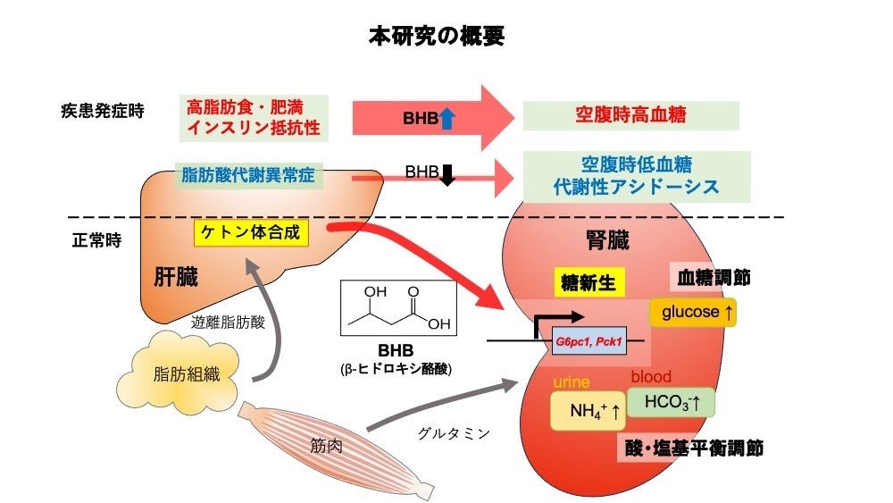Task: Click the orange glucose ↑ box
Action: click(x=698, y=312)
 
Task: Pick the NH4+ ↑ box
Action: click(x=586, y=413)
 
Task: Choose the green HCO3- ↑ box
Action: click(x=671, y=403)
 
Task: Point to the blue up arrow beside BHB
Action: click(x=446, y=117)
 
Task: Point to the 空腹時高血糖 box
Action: click(x=630, y=115)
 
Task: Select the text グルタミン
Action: click(x=454, y=433)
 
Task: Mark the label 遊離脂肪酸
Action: click(x=228, y=323)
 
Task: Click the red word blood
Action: click(x=651, y=377)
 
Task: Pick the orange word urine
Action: click(x=572, y=382)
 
